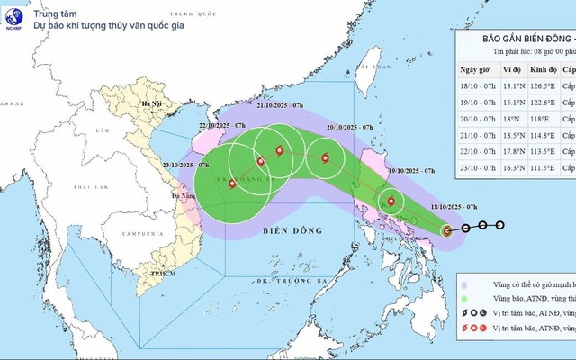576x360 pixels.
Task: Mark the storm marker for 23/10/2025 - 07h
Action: click(233, 184)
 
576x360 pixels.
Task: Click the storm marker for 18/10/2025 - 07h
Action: click(447, 231)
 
